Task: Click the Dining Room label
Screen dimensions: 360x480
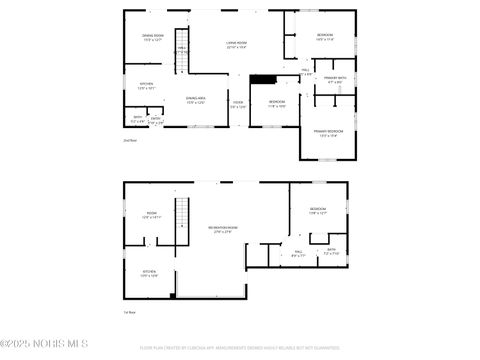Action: pos(152,38)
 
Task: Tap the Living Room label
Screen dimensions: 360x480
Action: pos(237,44)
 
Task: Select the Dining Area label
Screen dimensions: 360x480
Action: pos(195,99)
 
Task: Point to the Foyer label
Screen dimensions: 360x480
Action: pos(238,103)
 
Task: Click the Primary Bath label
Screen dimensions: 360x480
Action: pos(334,79)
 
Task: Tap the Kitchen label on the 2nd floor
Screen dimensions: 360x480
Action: pos(146,85)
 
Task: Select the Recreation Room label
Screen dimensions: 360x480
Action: pos(222,230)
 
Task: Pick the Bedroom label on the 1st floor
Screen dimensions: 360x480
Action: pos(318,210)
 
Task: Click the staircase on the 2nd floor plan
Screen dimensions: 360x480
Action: pos(182,58)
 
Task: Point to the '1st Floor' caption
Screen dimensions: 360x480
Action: pos(128,313)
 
